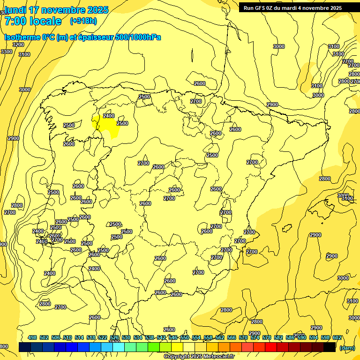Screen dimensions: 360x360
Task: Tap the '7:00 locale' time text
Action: [x=33, y=21]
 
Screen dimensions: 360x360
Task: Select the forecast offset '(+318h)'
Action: [x=83, y=21]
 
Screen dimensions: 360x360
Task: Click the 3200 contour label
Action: [x=18, y=45]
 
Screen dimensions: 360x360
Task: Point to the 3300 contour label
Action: [x=7, y=52]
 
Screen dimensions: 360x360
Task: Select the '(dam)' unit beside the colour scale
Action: [x=347, y=347]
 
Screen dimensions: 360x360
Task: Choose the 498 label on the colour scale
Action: [x=32, y=337]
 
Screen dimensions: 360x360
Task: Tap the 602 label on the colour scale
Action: [x=337, y=337]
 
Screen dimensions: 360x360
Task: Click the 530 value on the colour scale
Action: [x=126, y=337]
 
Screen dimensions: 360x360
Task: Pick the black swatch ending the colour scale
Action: [x=329, y=347]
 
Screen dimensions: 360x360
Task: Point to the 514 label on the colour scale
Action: [x=79, y=337]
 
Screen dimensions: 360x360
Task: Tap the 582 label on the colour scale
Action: [x=278, y=337]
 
